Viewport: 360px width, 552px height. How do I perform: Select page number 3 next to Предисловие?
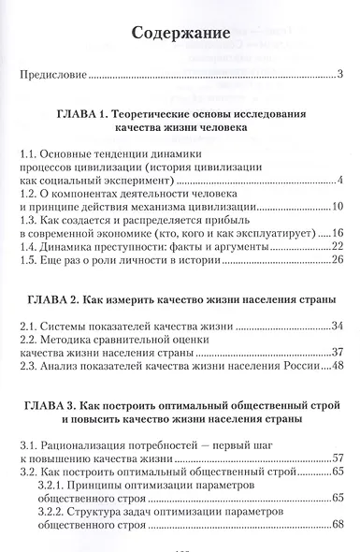[342, 74]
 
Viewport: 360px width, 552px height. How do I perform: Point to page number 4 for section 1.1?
[342, 181]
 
